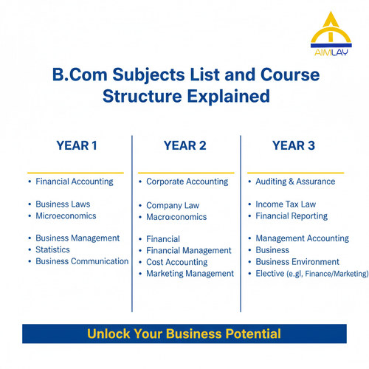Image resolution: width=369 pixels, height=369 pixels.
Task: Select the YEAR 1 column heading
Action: (x=77, y=145)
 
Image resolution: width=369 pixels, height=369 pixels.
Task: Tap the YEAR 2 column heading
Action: (x=185, y=145)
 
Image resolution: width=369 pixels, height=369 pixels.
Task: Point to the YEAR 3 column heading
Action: (x=294, y=145)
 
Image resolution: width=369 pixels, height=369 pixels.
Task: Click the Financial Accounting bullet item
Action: (x=75, y=182)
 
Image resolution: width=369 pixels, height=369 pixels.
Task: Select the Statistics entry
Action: (x=53, y=249)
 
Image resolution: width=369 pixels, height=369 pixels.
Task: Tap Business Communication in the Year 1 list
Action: (x=82, y=261)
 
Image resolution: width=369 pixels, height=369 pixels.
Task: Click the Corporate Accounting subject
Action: (x=186, y=182)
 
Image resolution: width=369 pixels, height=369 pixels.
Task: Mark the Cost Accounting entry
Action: (x=177, y=262)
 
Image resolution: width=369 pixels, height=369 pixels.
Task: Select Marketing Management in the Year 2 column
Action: (x=190, y=274)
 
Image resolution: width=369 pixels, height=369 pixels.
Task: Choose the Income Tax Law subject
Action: (x=286, y=204)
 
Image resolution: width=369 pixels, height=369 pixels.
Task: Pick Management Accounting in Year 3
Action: (x=302, y=238)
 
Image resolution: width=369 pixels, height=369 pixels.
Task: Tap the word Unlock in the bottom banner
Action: (x=108, y=334)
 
